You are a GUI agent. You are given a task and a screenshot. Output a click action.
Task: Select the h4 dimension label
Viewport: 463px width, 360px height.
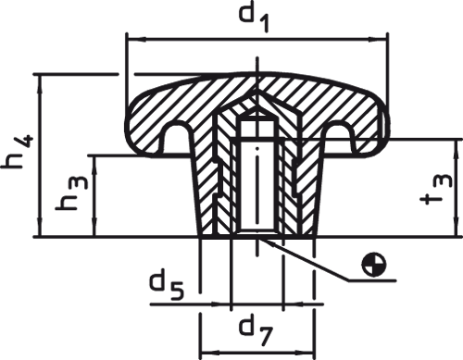[x=19, y=153]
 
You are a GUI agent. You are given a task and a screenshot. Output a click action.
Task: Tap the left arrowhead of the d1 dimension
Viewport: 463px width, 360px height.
[x=131, y=40]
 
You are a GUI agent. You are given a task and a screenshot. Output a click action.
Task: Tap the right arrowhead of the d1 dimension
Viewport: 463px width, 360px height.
[x=380, y=40]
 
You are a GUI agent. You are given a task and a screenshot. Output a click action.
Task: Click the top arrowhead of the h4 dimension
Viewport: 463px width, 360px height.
[x=40, y=79]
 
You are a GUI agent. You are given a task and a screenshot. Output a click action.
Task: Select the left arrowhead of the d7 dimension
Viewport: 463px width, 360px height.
[x=206, y=352]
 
